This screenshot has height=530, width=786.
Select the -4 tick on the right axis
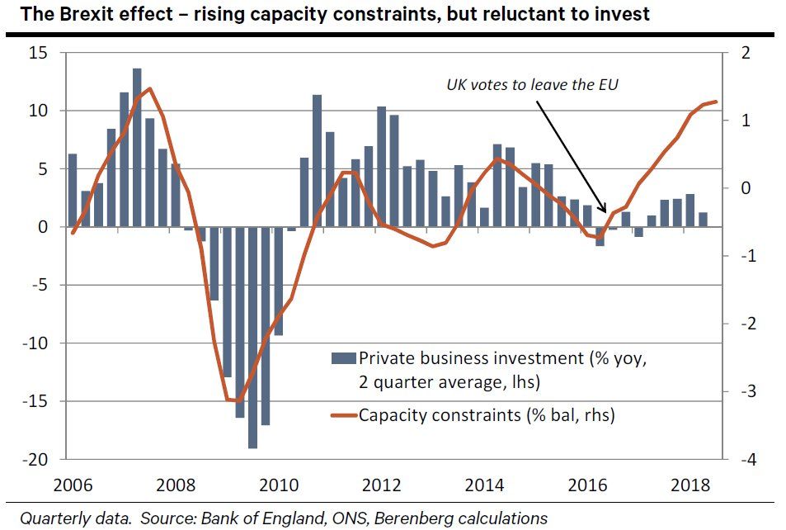click(x=742, y=460)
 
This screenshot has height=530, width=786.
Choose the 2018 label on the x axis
click(x=696, y=484)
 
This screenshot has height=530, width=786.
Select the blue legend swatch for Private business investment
click(x=342, y=358)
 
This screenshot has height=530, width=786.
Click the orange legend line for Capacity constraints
click(x=342, y=414)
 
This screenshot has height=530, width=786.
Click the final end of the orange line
click(x=716, y=102)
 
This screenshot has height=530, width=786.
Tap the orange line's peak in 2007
click(x=149, y=88)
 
